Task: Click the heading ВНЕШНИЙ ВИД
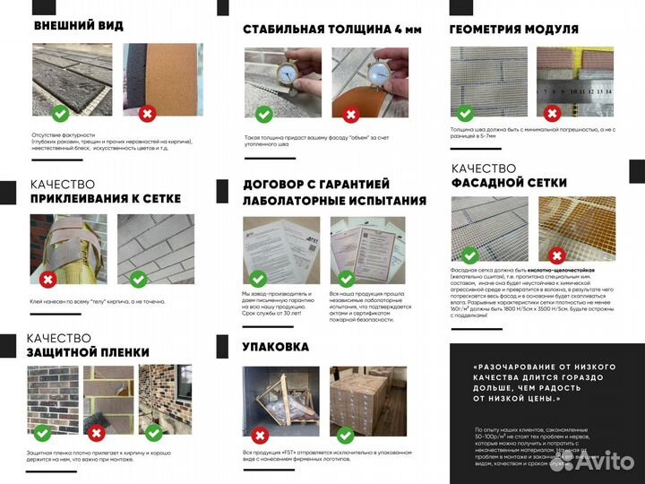(x=78, y=25)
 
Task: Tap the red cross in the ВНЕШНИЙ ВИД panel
(x=148, y=113)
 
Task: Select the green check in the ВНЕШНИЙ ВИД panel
(x=59, y=113)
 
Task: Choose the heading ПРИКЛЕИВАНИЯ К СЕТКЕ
(x=106, y=198)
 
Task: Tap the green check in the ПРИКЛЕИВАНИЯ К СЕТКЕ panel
(x=138, y=280)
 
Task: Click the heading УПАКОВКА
(x=275, y=346)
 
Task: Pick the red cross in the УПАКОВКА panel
(x=260, y=436)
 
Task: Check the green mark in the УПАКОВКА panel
(x=345, y=436)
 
